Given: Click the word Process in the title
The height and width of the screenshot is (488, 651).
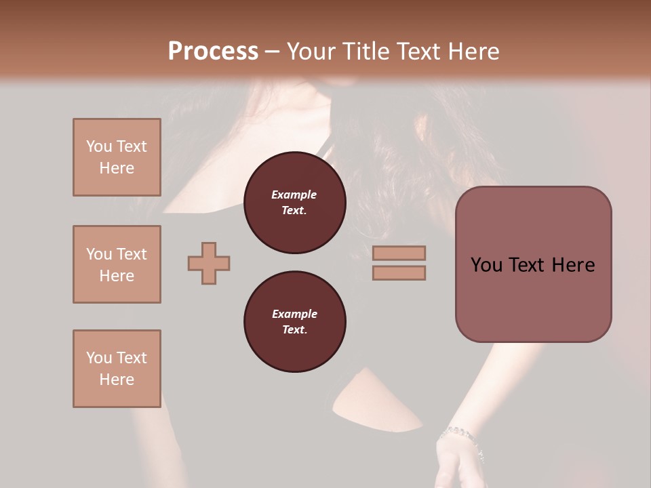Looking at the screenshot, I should point(213,51).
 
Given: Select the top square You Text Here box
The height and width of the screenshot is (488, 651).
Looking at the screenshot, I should point(117,157).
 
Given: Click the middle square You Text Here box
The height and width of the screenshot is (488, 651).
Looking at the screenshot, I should point(117,264).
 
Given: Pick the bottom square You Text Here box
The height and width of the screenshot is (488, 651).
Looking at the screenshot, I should point(117,369).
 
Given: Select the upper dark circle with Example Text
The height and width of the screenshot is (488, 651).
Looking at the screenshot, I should point(294,203).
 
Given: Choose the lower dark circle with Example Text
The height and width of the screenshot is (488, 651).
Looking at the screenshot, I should point(294,322).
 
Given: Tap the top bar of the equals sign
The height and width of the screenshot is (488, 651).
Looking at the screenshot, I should point(399,253).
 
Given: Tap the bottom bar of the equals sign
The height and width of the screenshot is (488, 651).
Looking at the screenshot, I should point(399,272).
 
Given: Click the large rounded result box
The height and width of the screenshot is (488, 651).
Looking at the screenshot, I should point(533,264).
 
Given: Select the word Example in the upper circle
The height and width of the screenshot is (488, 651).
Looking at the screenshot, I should point(294,195).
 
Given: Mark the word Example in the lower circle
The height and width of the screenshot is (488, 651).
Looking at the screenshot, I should point(294,314).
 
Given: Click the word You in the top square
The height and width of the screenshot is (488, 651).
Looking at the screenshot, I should point(99,146).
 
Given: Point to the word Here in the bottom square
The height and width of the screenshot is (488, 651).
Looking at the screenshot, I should point(117,380).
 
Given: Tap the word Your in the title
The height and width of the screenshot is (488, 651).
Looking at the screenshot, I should point(309,51).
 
